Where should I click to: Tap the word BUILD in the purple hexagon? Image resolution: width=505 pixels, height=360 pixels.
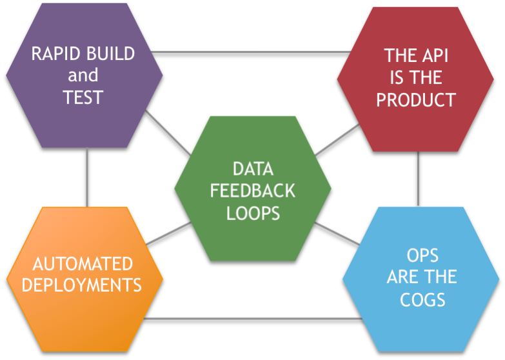tap(111, 54)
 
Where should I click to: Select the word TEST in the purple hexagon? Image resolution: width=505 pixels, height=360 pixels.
tap(83, 97)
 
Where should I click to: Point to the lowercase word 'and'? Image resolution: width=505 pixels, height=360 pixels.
tap(83, 75)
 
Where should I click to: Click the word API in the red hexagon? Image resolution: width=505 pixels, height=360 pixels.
tap(435, 55)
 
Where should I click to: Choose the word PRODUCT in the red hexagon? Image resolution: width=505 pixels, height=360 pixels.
tap(416, 99)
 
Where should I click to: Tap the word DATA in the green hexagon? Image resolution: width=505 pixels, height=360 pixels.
tap(253, 169)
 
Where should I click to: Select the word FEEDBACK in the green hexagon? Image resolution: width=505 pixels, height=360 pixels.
tap(253, 191)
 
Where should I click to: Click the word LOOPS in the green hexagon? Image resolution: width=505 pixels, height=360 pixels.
tap(253, 214)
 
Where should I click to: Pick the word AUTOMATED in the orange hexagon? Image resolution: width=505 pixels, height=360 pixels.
tap(83, 264)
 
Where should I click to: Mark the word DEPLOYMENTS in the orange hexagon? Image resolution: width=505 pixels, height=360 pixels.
tap(81, 285)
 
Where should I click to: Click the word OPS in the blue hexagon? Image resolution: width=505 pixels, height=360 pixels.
tap(422, 255)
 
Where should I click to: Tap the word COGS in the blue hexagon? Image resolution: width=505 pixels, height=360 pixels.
tap(422, 300)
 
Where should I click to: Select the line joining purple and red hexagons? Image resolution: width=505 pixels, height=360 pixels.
tap(252, 52)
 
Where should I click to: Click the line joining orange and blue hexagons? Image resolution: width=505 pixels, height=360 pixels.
tap(253, 319)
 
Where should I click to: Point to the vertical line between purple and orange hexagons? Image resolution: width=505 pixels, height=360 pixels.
tap(87, 177)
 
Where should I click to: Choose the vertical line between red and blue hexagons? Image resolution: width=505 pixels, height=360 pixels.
tap(418, 179)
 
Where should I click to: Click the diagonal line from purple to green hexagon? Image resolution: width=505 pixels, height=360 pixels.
tap(168, 132)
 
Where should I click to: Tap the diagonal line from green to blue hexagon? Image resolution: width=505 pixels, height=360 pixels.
tap(337, 234)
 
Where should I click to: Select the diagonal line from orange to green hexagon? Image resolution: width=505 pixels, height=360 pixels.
tap(168, 234)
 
